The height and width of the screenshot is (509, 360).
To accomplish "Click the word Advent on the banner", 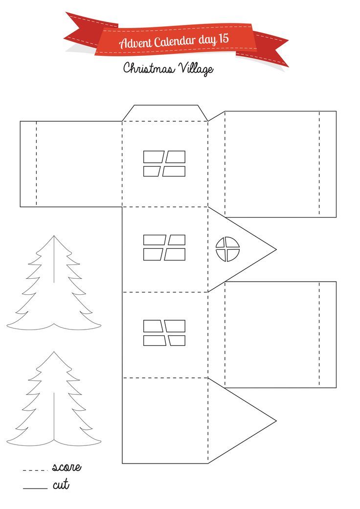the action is (135, 43).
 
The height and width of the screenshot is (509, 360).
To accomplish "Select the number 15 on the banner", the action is (224, 39).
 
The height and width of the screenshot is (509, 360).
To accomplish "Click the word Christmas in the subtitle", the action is (149, 68).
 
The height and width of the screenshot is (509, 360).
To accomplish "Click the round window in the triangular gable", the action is (227, 249).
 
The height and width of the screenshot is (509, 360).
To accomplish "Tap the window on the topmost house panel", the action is (164, 164).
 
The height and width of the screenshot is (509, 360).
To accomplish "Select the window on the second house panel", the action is (164, 248).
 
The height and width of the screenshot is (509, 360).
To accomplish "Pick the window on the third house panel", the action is (164, 333).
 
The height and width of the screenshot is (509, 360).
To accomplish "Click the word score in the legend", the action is (67, 467).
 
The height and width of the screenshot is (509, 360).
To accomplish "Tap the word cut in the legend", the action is (61, 485).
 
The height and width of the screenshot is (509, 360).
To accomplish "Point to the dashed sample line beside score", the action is (35, 470).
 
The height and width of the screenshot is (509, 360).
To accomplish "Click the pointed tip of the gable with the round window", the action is (276, 249).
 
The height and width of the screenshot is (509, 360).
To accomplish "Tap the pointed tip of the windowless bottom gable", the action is (276, 421).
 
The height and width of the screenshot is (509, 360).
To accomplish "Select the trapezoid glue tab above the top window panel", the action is (165, 113).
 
